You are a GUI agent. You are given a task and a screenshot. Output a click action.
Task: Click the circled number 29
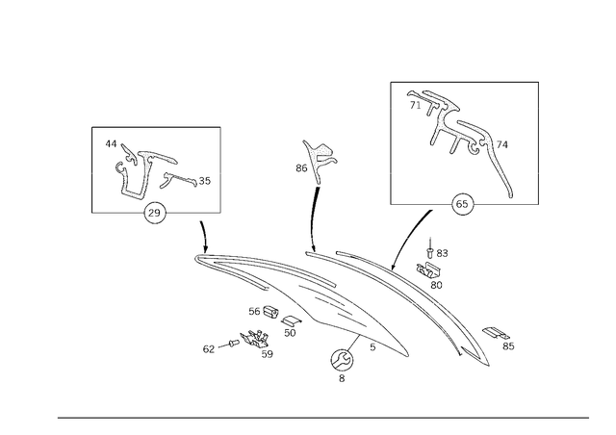pos(155,213)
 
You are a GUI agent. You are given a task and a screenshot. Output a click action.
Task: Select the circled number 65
pos(462,204)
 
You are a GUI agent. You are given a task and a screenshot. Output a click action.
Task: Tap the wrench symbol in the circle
pos(342,360)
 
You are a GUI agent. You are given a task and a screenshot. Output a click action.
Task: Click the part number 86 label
pos(301,168)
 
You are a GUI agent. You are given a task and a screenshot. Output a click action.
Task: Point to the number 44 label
pos(111,144)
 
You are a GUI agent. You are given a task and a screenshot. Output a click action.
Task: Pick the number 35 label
pos(205,181)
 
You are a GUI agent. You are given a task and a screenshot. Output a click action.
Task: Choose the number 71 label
pos(415,105)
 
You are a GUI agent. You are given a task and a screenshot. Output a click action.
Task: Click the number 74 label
pos(502,145)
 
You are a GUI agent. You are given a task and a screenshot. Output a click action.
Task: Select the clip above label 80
pos(428,269)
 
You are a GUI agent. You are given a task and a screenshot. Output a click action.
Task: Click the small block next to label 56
pos(270,312)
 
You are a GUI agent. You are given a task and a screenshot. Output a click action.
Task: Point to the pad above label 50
pos(291,321)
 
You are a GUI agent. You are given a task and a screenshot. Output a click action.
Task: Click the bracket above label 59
pos(254,339)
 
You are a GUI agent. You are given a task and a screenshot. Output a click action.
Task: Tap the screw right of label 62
pos(233,344)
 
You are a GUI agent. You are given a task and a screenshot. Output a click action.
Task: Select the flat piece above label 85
pos(496,333)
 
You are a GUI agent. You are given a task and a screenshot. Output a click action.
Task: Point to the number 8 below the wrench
pos(342,378)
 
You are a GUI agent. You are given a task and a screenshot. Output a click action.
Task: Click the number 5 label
pos(372,347)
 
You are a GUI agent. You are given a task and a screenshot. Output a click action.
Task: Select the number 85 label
pos(508,346)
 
